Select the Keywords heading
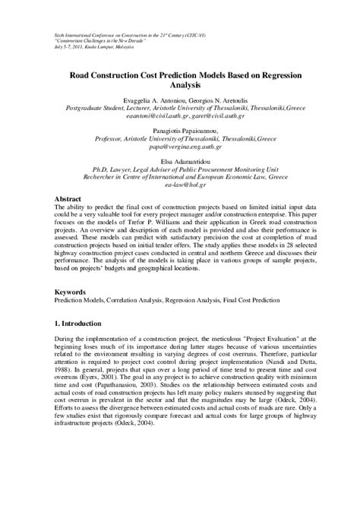(74, 292)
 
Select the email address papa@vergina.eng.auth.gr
(180, 150)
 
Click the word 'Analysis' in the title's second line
(180, 86)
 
